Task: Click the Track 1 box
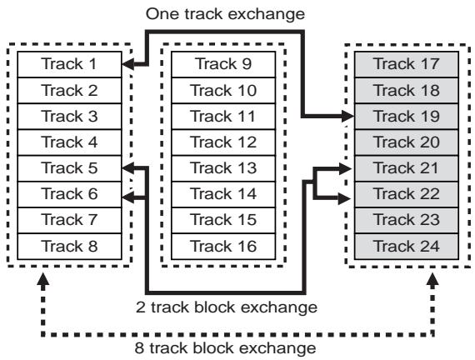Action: pyautogui.click(x=70, y=64)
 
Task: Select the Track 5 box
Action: pyautogui.click(x=70, y=168)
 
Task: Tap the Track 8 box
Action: pyautogui.click(x=70, y=247)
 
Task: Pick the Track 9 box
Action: pyautogui.click(x=223, y=64)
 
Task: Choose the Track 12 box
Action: pyautogui.click(x=223, y=142)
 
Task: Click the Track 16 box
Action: pyautogui.click(x=223, y=247)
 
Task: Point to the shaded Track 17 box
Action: pyautogui.click(x=407, y=64)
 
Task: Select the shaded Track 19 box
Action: pyautogui.click(x=407, y=117)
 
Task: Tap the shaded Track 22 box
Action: pyautogui.click(x=407, y=194)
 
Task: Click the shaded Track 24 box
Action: pyautogui.click(x=407, y=247)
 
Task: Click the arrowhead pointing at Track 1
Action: pyautogui.click(x=127, y=64)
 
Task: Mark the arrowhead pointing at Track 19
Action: pyautogui.click(x=347, y=116)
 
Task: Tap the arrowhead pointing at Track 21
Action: pyautogui.click(x=345, y=168)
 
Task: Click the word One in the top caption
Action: pyautogui.click(x=162, y=14)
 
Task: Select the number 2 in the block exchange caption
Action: pyautogui.click(x=141, y=307)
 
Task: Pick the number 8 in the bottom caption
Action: pyautogui.click(x=139, y=347)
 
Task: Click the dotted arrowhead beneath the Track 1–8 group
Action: pyautogui.click(x=43, y=279)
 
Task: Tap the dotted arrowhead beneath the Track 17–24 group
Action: pyautogui.click(x=432, y=279)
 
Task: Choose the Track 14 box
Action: pyautogui.click(x=223, y=194)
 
